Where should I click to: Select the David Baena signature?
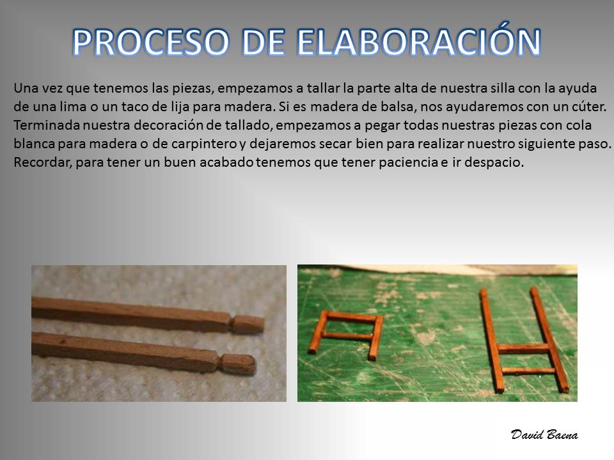click(x=544, y=434)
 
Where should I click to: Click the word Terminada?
click(x=47, y=125)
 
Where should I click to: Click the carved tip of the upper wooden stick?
click(x=248, y=324)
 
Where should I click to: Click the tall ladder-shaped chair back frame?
click(x=524, y=339)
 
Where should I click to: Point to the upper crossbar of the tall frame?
click(x=523, y=348)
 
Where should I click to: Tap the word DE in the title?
click(x=263, y=42)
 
